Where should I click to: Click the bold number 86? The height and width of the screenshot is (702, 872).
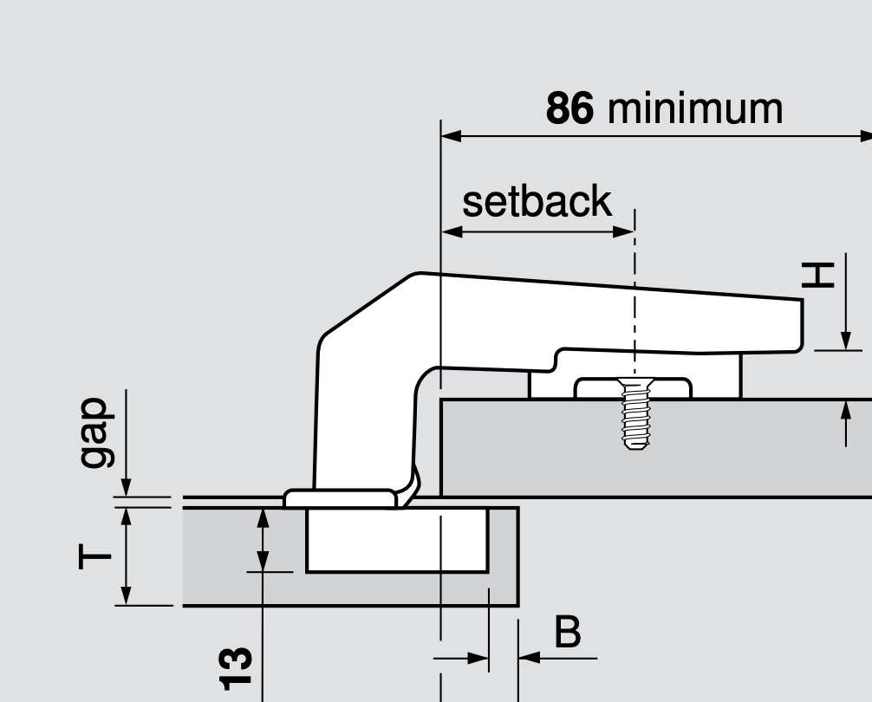point(569,109)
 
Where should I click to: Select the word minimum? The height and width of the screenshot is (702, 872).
point(695,109)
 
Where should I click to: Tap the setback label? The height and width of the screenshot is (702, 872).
point(537,202)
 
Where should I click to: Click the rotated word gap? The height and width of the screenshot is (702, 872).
point(94,433)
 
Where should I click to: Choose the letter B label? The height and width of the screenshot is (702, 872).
point(567,633)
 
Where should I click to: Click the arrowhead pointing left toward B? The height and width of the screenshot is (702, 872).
point(528,658)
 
